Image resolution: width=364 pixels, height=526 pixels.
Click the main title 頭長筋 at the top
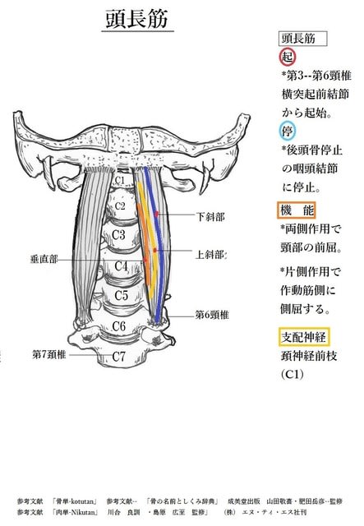pos(137,19)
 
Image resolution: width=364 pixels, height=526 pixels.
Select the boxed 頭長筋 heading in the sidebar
pos(302,39)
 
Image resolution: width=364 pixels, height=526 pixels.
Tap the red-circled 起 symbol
pos(288,57)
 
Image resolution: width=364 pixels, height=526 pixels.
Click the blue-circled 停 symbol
pos(288,131)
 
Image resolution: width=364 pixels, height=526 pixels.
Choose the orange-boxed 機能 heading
pos(297,210)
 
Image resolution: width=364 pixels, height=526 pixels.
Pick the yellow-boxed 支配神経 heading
pos(304,336)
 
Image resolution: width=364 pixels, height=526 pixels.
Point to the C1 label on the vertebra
pos(119,180)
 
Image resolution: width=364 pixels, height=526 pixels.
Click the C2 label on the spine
pos(120,205)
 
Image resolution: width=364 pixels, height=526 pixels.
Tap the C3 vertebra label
pos(118,234)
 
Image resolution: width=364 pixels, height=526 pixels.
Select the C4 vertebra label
pos(121,266)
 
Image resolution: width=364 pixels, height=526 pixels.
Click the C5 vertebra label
pos(121,295)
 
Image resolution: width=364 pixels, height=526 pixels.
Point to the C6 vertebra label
pos(119,326)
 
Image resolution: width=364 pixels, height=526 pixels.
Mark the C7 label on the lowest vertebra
pos(119,356)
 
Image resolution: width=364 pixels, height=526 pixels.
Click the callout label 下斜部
pos(210,216)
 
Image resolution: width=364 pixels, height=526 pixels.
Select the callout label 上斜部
pos(210,255)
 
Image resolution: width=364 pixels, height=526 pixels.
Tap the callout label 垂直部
pos(44,259)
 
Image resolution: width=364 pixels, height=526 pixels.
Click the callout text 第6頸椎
pos(212,315)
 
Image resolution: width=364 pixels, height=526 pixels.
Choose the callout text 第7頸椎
pos(49,354)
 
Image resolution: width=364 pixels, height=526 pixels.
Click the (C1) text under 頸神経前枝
pos(293,374)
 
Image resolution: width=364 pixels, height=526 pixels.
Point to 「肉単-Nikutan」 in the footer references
pos(75,512)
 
